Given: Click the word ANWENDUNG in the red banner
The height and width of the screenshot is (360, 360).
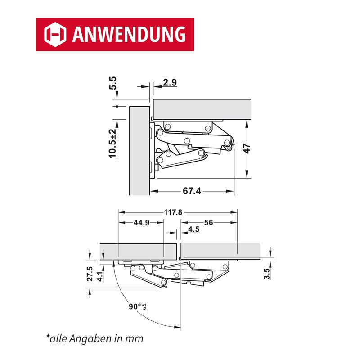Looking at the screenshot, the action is (129, 34).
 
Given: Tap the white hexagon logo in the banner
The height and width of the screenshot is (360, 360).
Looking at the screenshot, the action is (55, 35).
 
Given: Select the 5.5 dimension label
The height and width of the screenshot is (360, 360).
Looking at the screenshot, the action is (113, 83).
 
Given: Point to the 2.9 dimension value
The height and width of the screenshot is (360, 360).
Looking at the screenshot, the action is (170, 82).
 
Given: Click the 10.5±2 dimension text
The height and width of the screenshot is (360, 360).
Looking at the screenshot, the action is (113, 143).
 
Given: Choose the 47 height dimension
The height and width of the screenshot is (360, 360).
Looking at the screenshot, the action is (247, 148).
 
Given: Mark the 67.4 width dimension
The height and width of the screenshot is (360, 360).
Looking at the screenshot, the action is (192, 191).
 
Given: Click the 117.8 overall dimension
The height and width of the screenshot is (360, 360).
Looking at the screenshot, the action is (173, 212).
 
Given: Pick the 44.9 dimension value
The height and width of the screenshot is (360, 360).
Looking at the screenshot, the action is (141, 222).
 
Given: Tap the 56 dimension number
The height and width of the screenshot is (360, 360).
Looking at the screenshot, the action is (208, 222).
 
